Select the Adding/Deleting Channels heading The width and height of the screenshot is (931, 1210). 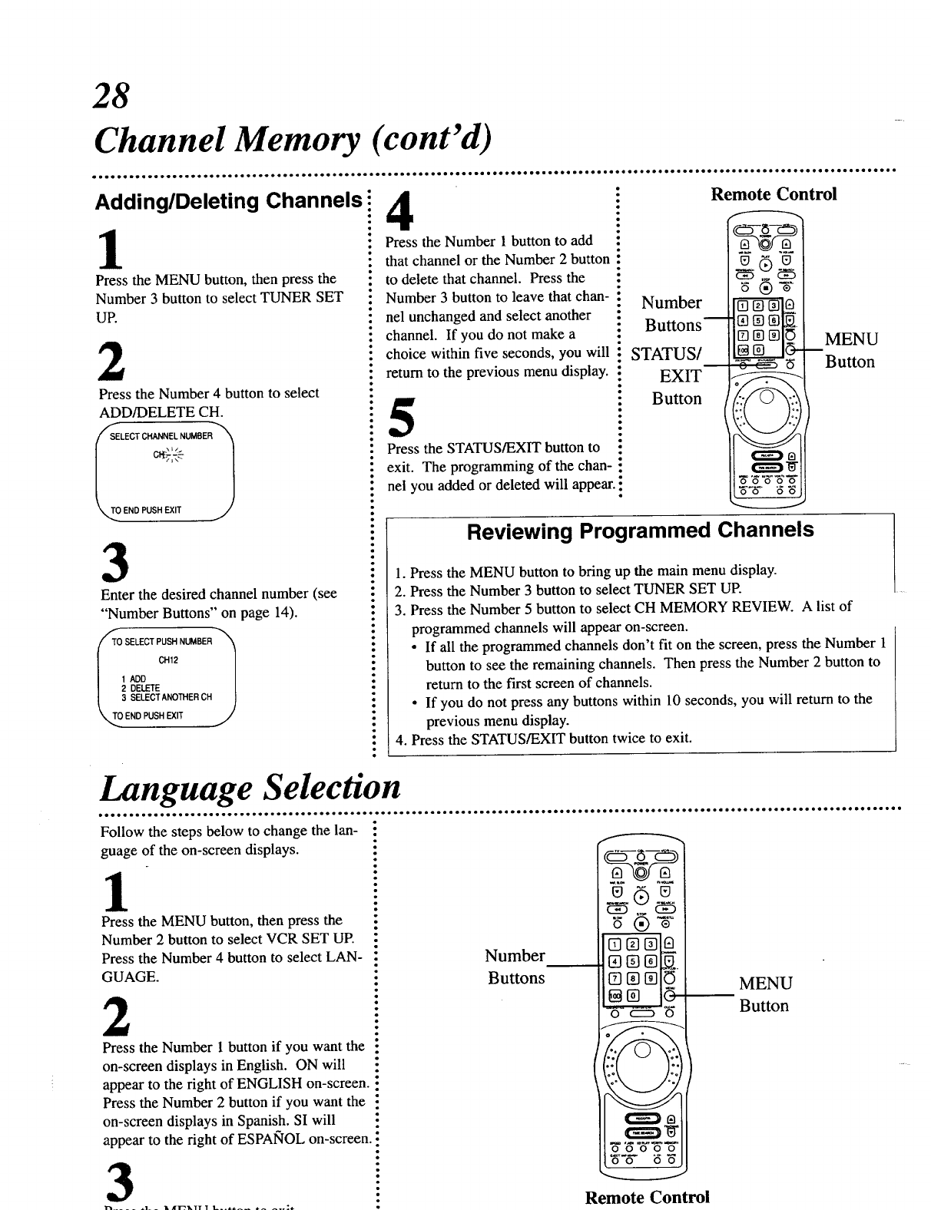[227, 202]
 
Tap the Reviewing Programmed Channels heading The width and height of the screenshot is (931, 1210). [641, 530]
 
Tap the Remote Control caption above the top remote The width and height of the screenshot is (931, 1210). [773, 193]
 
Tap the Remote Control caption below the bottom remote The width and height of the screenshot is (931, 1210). [647, 1197]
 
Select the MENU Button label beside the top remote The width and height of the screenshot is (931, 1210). [850, 350]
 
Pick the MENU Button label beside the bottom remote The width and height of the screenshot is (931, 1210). [765, 994]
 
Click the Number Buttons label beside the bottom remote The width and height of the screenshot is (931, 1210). [515, 966]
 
